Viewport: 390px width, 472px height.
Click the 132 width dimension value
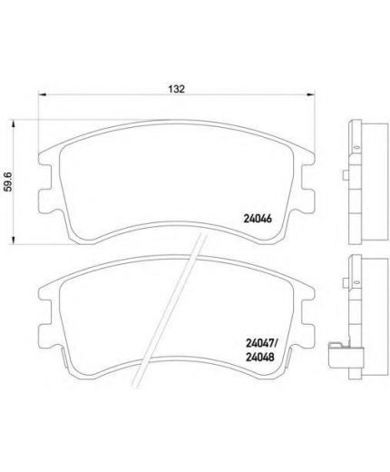(176, 89)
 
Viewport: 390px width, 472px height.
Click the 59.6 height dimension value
(8, 182)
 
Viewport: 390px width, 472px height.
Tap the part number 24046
(258, 219)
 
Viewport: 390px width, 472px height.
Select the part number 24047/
(261, 343)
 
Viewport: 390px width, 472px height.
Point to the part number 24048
(260, 358)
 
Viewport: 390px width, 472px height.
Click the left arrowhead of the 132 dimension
(42, 94)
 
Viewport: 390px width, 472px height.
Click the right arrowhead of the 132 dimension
(311, 94)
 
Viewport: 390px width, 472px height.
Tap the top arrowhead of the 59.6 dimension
(13, 124)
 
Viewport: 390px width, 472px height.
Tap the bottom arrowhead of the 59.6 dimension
(13, 240)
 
